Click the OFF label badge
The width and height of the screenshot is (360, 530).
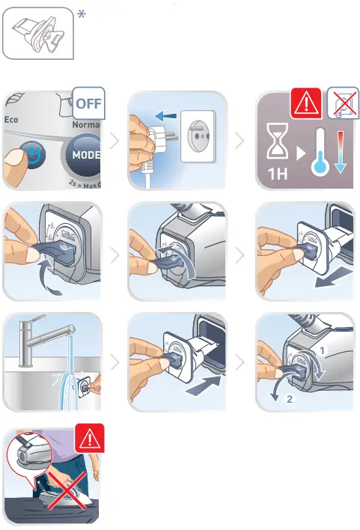[88, 103]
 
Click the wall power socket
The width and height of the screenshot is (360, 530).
[199, 142]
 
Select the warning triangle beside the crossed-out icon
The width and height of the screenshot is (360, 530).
[305, 103]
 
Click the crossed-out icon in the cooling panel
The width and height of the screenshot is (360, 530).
[341, 103]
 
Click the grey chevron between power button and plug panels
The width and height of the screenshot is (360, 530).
[114, 141]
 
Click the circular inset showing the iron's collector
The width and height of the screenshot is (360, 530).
[28, 457]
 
